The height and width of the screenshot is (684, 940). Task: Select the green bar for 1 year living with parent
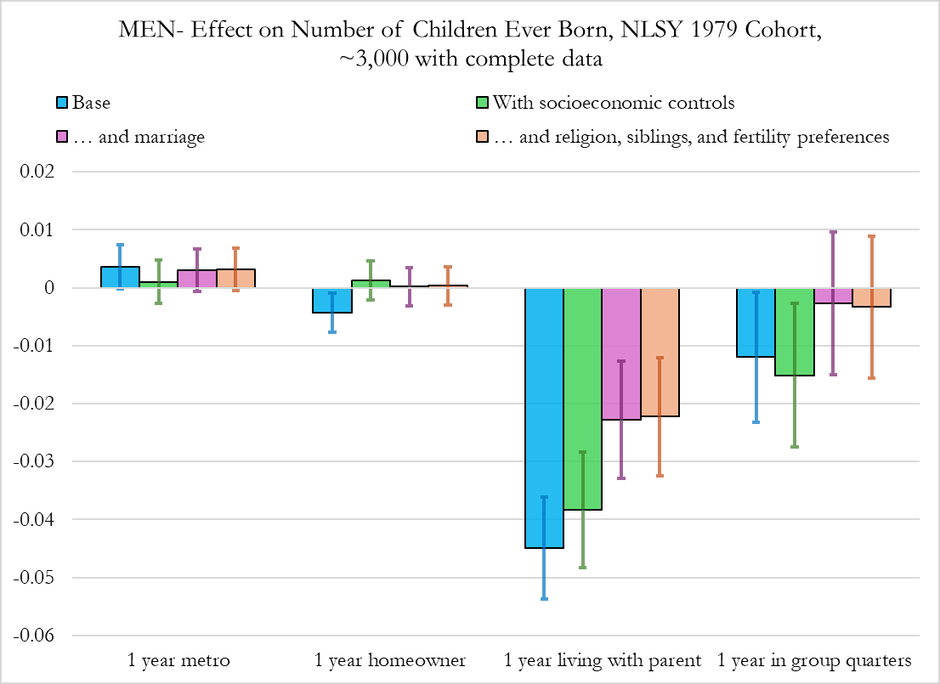point(582,399)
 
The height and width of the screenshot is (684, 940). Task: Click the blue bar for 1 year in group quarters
point(756,323)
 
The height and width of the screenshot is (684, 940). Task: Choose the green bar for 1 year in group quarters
point(795,332)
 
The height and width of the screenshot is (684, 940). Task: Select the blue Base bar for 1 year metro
point(120,278)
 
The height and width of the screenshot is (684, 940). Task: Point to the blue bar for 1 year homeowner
point(332,301)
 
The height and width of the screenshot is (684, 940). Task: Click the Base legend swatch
point(61,104)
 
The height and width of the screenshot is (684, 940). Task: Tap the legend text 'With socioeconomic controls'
point(613,104)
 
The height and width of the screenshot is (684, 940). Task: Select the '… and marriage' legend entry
point(140,136)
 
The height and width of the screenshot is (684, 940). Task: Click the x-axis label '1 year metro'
point(178,660)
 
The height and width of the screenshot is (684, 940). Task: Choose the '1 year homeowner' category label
point(390,660)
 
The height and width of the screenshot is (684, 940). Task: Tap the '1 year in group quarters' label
point(814,660)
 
